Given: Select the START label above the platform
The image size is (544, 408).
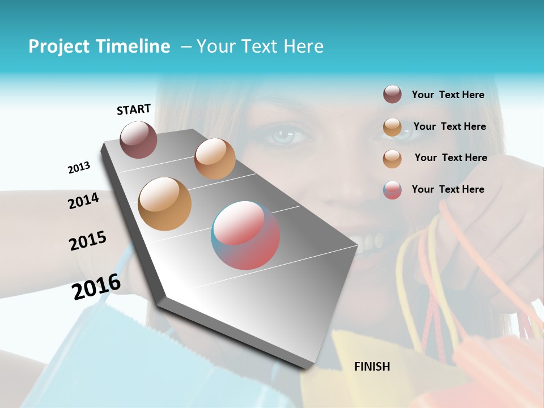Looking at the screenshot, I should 134,109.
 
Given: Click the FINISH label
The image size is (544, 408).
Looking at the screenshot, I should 372,367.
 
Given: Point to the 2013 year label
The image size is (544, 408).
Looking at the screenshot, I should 79,168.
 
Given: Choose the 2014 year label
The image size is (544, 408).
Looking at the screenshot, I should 84,201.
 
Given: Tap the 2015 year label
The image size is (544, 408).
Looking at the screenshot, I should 88,241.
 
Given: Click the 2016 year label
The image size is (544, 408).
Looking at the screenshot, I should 96,287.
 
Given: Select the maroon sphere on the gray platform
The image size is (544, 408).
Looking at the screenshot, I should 138,139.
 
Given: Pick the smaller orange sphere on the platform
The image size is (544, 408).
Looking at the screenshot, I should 215,159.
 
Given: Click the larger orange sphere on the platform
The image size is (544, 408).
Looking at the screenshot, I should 164,204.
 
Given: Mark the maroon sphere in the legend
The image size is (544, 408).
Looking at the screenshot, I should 392,94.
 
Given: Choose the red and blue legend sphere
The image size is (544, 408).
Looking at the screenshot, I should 392,190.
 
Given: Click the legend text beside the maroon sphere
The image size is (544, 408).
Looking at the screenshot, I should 448,95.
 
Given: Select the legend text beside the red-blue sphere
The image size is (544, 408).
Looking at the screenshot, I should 448,189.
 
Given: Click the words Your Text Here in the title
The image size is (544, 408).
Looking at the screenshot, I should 260,46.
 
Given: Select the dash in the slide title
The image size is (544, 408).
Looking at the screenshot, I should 185,46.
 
